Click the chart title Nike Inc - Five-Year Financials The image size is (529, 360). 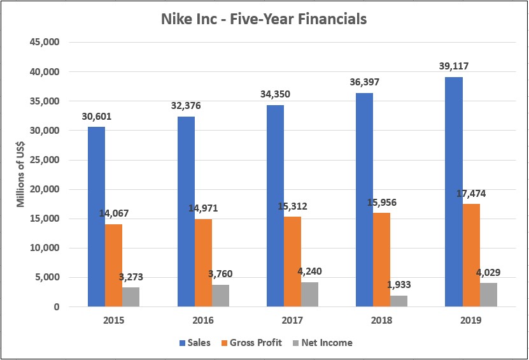click(264, 19)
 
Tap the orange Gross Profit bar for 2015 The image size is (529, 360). click(114, 265)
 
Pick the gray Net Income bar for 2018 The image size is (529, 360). click(399, 301)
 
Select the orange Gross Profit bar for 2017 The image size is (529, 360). click(292, 261)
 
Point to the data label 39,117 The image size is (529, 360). click(454, 67)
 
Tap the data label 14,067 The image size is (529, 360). click(115, 213)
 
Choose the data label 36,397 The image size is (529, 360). click(364, 83)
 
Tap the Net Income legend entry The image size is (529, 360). click(324, 342)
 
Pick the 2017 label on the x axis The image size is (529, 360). click(292, 319)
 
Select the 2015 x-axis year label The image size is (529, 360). click(114, 319)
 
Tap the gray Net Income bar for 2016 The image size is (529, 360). click(220, 296)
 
